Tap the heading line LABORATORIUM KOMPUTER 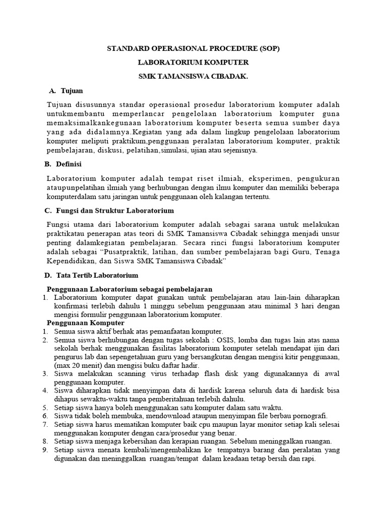pos(193,63)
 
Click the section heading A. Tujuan pos(66,91)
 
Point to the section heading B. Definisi pos(63,164)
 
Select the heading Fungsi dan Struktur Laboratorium pos(117,210)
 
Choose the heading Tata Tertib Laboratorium pos(98,276)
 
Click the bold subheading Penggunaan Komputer pos(86,322)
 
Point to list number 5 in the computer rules pos(44,407)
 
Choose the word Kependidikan pos(73,262)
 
